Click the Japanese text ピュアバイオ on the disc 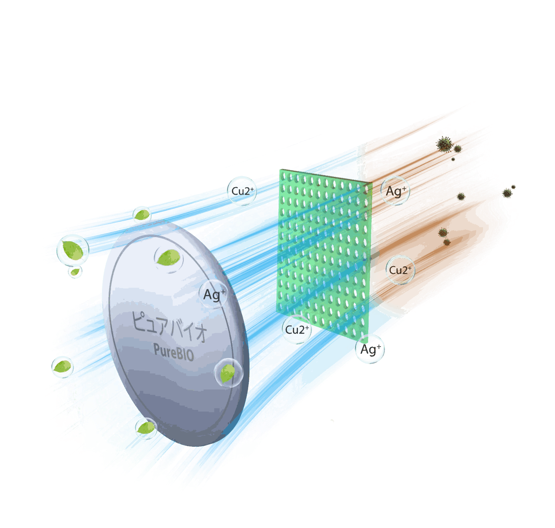pos(169,326)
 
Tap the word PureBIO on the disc pos(173,352)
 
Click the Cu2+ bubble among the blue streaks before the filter pos(242,191)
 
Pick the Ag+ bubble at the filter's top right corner pos(395,191)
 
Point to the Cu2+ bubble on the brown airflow pos(400,270)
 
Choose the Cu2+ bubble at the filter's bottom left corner pos(297,330)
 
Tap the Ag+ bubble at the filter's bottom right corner pos(370,349)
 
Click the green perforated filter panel pos(324,254)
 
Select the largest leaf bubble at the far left pos(73,251)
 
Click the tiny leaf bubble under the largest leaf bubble pos(75,271)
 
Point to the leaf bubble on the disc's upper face pos(169,258)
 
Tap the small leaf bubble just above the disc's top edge pos(142,214)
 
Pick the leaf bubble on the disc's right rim pos(228,373)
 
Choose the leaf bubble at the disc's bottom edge pos(146,428)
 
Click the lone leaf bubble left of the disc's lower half pos(63,367)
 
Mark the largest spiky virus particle pos(445,145)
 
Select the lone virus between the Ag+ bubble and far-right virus pos(461,196)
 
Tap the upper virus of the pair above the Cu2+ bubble pos(443,232)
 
